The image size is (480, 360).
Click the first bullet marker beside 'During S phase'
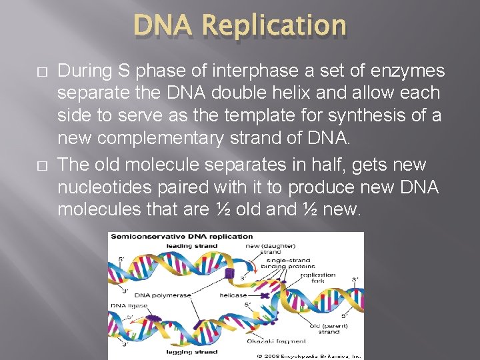pos(43,71)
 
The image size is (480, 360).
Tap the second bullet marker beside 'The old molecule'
pos(43,165)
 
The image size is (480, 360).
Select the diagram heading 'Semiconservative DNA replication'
pos(182,236)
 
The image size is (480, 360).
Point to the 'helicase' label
pos(233,295)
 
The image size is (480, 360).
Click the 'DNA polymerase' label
pos(162,295)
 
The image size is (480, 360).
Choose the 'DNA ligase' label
pos(130,306)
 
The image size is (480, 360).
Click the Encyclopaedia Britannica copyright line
pos(309,356)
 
